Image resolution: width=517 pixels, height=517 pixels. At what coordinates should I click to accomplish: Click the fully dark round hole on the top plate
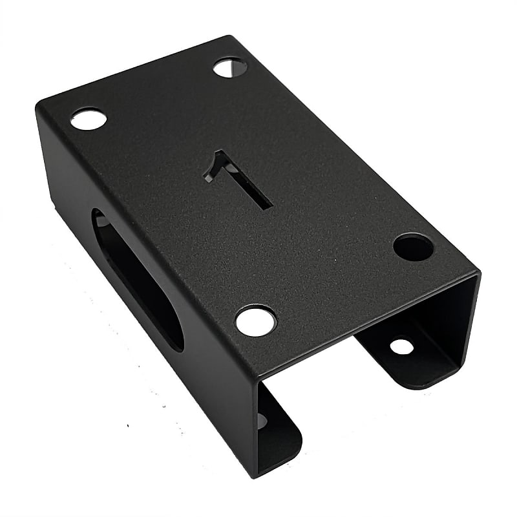point(413,247)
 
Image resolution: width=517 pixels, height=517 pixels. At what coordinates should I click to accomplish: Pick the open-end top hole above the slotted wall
point(255,321)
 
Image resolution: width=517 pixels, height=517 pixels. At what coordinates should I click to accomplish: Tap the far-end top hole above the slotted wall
point(89,119)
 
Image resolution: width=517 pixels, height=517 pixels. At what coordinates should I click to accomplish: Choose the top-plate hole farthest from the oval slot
point(230,67)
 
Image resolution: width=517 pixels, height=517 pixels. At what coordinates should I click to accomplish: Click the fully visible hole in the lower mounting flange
point(401,346)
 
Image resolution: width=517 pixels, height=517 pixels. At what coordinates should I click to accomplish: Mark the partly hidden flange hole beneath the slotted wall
point(261,420)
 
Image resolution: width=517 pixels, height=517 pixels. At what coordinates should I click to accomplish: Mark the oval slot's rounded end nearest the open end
point(171,336)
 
